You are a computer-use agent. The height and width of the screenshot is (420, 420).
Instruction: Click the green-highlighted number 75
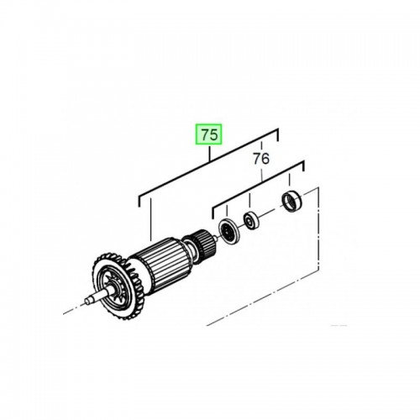(208, 134)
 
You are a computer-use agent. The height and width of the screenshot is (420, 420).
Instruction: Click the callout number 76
(261, 159)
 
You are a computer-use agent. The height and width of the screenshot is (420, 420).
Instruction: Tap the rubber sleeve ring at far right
(291, 202)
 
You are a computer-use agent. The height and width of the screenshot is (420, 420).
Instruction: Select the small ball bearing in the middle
(251, 221)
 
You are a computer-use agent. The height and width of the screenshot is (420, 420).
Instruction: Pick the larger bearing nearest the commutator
(229, 231)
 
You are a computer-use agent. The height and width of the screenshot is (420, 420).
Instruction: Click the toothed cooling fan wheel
(118, 286)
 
